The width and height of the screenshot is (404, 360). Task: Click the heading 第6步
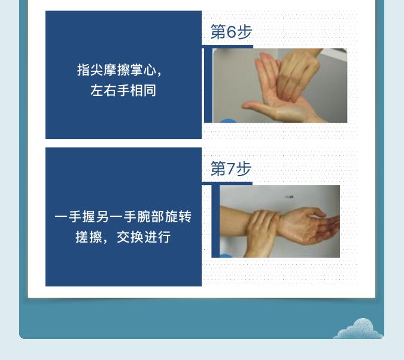231,32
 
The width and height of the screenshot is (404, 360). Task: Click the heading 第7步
231,169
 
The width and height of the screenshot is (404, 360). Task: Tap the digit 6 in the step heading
231,32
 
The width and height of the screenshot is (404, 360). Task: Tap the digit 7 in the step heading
231,169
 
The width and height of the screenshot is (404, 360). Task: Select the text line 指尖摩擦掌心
120,69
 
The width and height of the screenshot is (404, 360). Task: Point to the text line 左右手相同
123,90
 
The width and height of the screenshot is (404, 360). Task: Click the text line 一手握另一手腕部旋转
123,216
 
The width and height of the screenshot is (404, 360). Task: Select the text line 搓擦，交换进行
123,237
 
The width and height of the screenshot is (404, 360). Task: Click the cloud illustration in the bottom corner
358,329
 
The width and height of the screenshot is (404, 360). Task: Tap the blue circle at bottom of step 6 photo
228,120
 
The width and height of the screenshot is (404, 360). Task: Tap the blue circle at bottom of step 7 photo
226,256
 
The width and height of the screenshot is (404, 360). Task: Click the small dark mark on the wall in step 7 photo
289,197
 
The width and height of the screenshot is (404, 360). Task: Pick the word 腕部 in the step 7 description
150,216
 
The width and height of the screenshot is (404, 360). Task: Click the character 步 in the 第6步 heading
244,32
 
